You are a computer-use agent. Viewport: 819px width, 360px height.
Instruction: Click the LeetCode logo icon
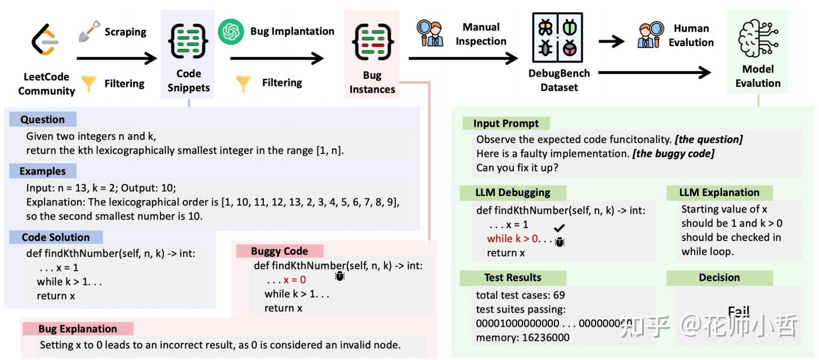tap(46, 42)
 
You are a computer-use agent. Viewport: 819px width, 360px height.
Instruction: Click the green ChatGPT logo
tap(231, 32)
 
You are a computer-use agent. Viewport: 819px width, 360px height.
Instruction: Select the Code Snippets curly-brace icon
tap(189, 41)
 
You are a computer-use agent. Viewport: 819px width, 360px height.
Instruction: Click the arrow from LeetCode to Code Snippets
tap(117, 58)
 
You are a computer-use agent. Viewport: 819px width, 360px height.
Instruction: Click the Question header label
tap(43, 120)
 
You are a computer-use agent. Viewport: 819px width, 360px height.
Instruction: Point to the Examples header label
tap(43, 172)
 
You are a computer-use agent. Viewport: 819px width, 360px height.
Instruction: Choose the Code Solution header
tap(56, 237)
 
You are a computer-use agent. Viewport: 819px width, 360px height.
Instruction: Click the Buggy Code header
tap(280, 251)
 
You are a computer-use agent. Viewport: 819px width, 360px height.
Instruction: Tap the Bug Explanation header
tap(78, 329)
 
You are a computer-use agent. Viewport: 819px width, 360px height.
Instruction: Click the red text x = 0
tap(295, 280)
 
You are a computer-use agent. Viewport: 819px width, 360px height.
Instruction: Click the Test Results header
tap(513, 278)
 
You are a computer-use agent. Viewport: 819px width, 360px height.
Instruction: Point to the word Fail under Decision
tap(738, 312)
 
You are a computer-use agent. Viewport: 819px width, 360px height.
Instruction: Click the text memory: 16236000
tap(522, 337)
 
